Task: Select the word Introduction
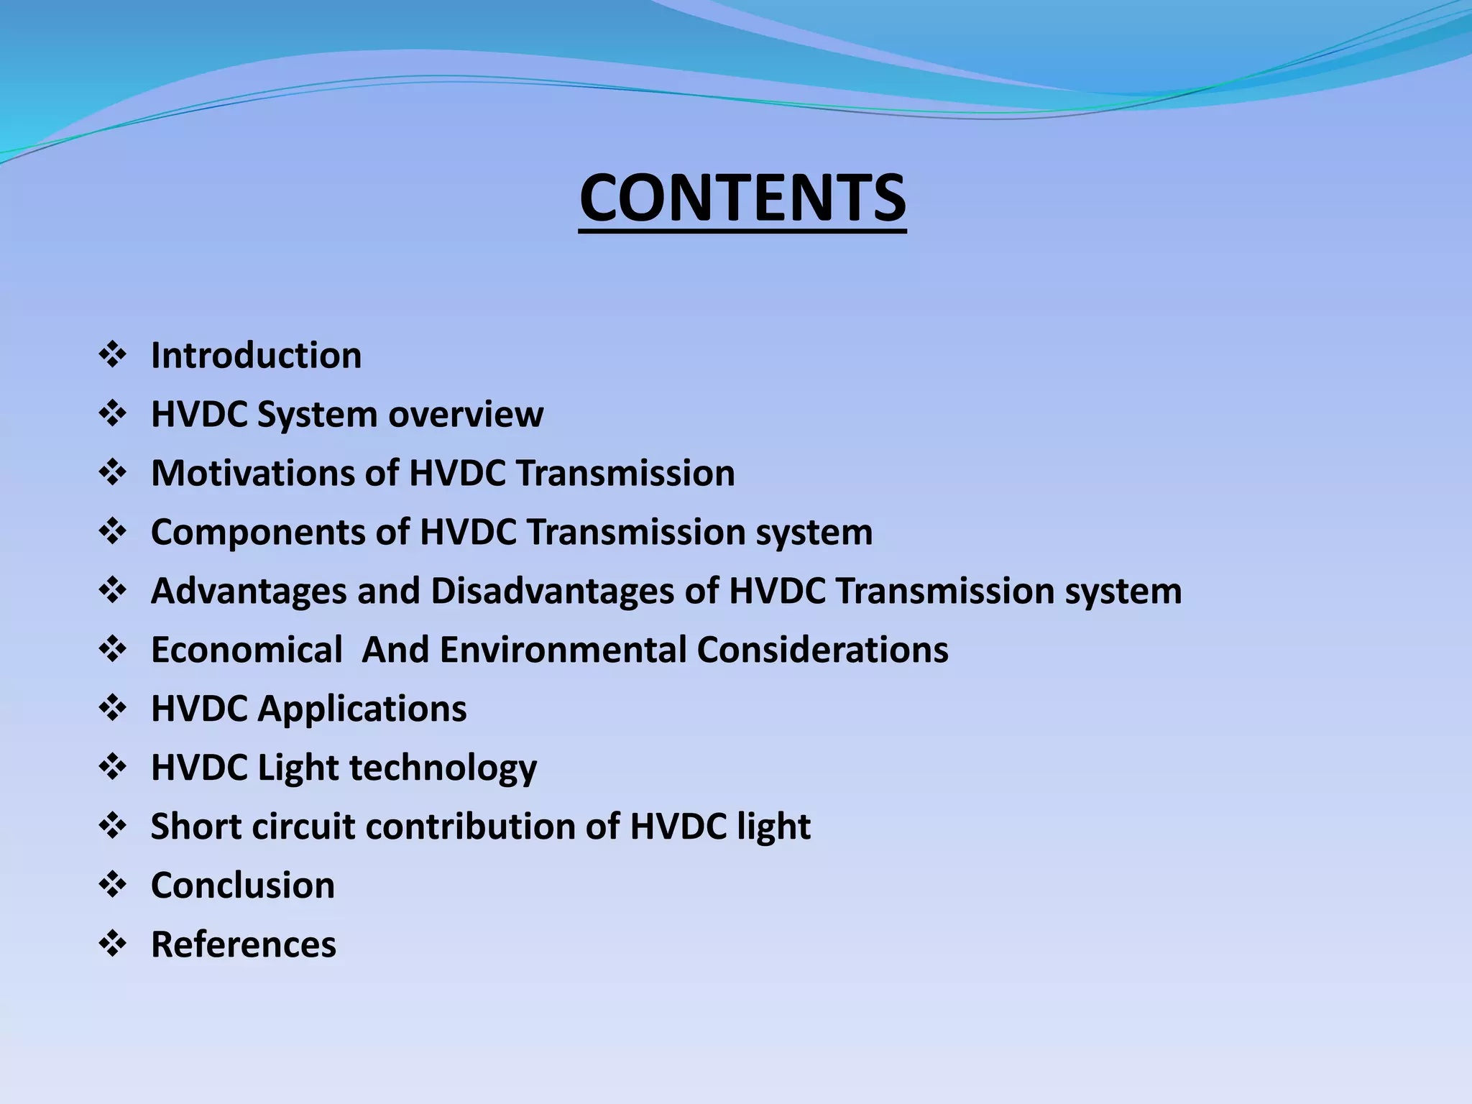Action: point(256,356)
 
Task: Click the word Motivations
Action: point(252,474)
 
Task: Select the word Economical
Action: point(247,650)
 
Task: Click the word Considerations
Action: point(822,650)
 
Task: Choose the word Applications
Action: point(362,709)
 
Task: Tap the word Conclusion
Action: point(243,885)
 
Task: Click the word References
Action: point(243,944)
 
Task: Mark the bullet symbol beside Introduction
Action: point(113,356)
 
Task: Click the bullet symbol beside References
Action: point(113,944)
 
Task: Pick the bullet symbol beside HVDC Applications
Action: point(113,709)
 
